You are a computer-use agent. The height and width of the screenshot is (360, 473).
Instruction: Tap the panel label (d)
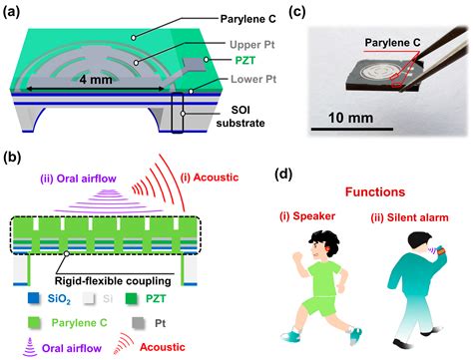coord(283,175)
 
